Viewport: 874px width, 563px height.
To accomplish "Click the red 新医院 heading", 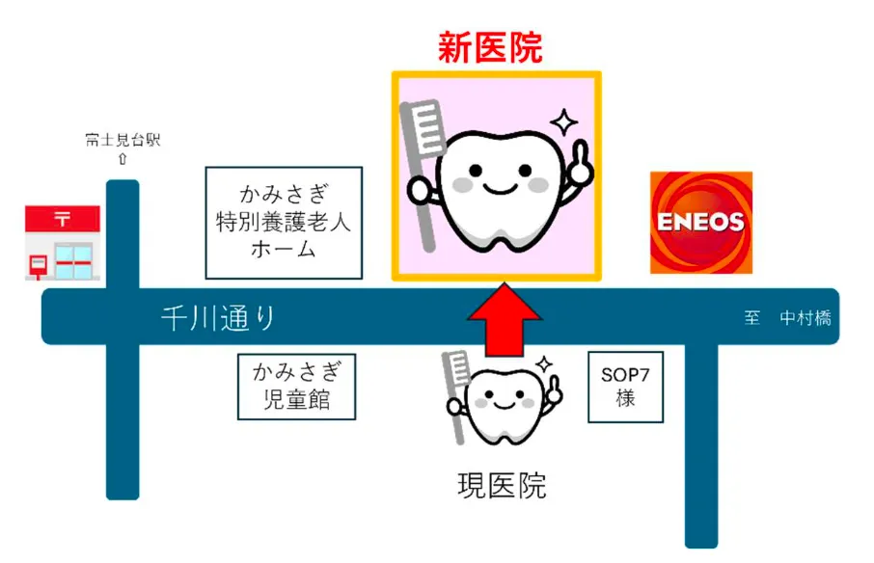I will (x=490, y=47).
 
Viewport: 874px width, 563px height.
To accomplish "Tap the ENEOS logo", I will (x=700, y=222).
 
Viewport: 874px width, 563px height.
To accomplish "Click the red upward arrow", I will (x=503, y=322).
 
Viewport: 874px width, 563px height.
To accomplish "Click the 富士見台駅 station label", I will (x=122, y=141).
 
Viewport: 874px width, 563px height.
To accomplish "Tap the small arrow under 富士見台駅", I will (x=122, y=158).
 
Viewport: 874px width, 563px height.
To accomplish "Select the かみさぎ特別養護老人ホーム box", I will (x=283, y=223).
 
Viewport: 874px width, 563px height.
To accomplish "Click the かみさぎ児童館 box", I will (x=296, y=386).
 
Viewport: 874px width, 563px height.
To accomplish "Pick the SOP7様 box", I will (x=626, y=387).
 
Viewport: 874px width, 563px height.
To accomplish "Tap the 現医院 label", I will (x=502, y=486).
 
